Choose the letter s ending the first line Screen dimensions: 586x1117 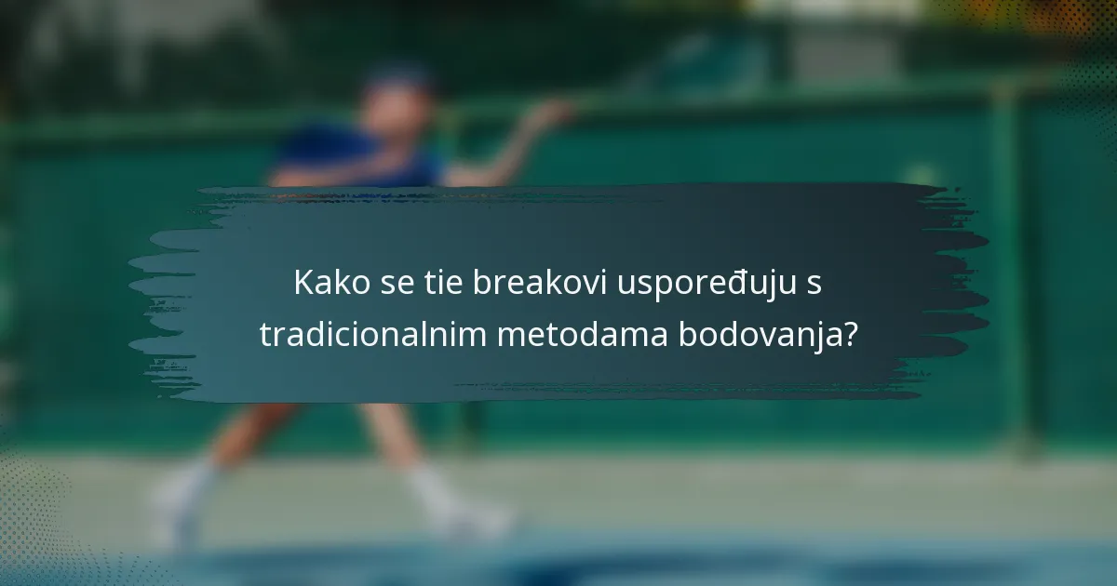point(814,285)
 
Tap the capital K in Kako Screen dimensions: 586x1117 point(303,283)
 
